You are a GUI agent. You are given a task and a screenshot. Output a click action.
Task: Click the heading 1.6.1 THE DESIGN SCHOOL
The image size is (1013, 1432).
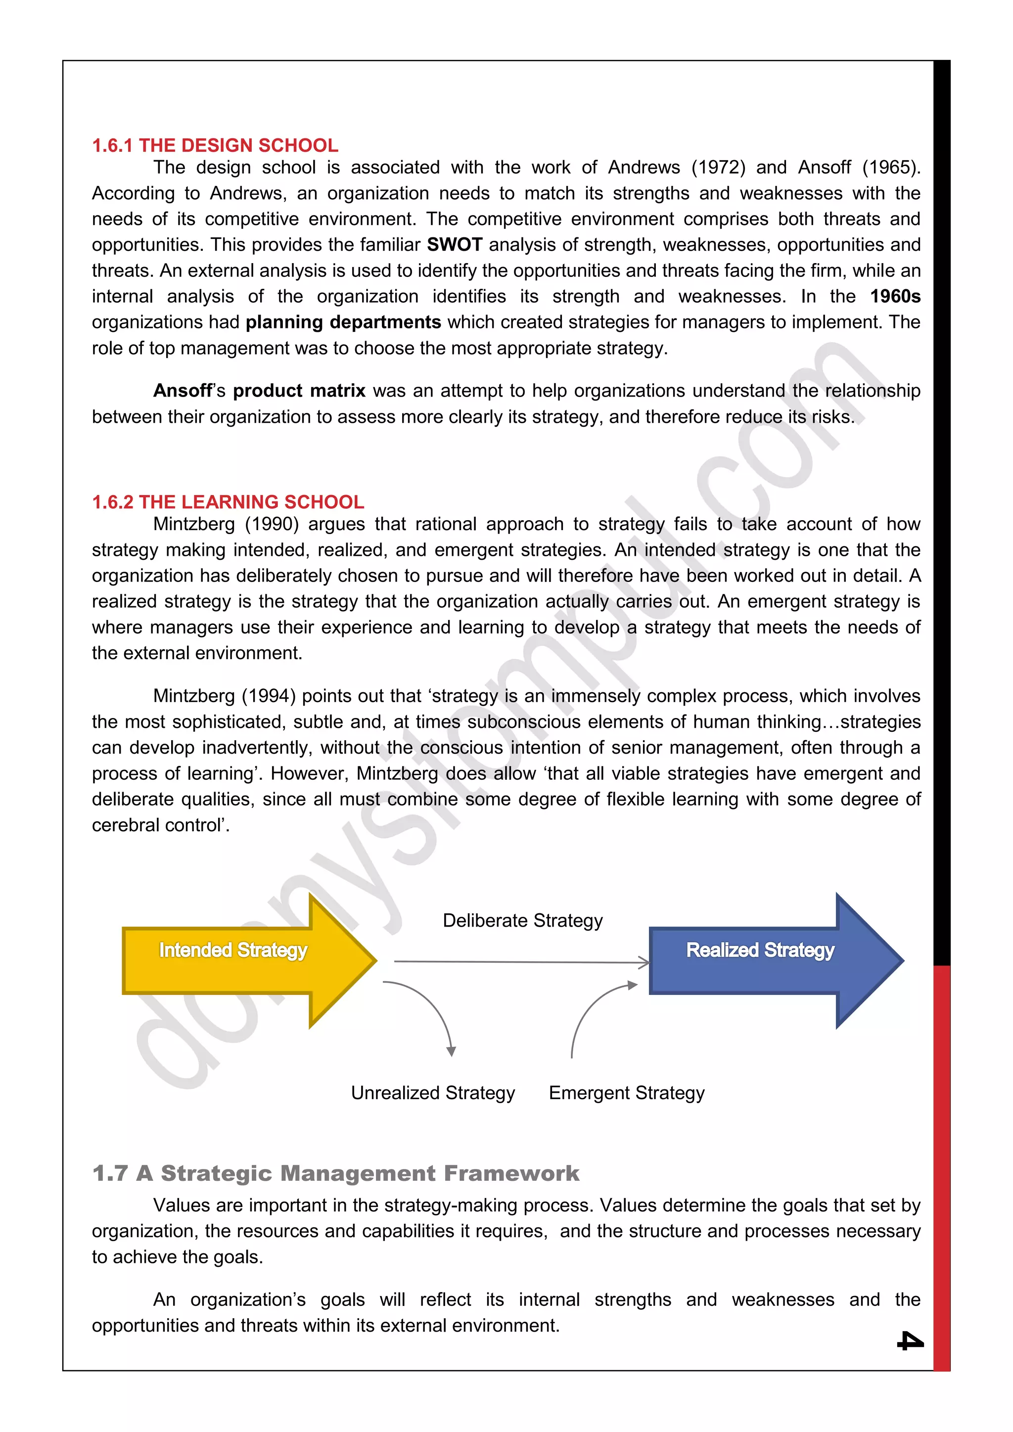coord(215,145)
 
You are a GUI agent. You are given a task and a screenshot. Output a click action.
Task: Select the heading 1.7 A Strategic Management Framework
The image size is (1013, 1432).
coord(335,1173)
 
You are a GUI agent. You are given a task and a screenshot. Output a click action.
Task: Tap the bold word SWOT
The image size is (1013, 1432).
coord(454,244)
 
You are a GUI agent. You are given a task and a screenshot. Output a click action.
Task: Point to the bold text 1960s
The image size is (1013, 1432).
coord(895,296)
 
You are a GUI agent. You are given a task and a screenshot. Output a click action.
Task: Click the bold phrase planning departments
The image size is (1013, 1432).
coord(343,322)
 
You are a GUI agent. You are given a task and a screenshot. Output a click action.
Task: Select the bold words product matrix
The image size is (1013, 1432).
coord(299,391)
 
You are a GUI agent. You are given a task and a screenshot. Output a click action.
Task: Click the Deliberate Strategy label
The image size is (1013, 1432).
coord(523,921)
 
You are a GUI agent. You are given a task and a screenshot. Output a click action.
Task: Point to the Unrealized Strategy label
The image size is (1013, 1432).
coord(433,1093)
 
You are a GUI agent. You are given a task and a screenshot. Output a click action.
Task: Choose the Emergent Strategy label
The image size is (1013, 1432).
coord(626,1093)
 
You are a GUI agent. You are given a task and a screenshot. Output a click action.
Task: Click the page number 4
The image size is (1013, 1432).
coord(910,1341)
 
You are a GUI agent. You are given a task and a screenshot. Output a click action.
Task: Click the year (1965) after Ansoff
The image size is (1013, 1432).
coord(891,167)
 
